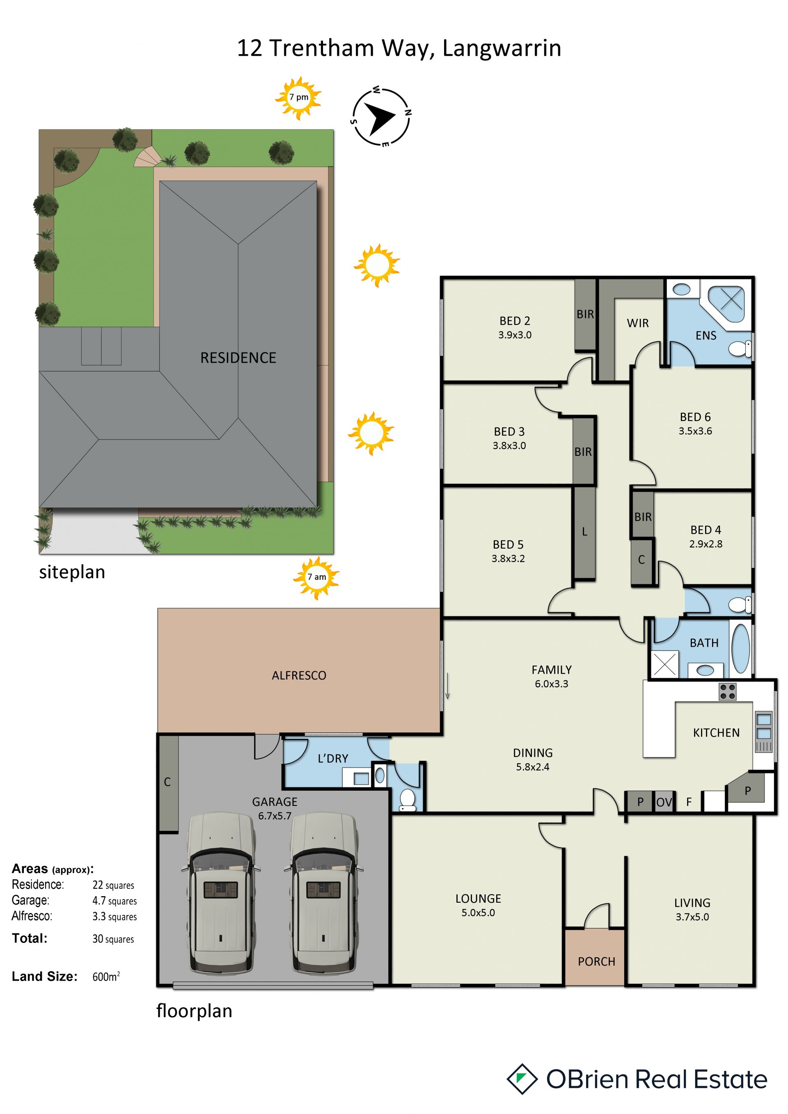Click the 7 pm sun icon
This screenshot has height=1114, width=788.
click(x=298, y=98)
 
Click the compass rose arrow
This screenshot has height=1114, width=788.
click(x=380, y=117)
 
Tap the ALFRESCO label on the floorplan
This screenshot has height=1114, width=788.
click(x=299, y=675)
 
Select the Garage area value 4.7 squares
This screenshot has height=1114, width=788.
click(x=115, y=901)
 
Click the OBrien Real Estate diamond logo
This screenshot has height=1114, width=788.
click(x=522, y=1079)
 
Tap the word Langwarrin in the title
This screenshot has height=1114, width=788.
click(x=502, y=48)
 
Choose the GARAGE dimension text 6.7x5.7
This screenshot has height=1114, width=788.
click(x=275, y=816)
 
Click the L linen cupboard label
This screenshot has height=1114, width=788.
click(x=585, y=532)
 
